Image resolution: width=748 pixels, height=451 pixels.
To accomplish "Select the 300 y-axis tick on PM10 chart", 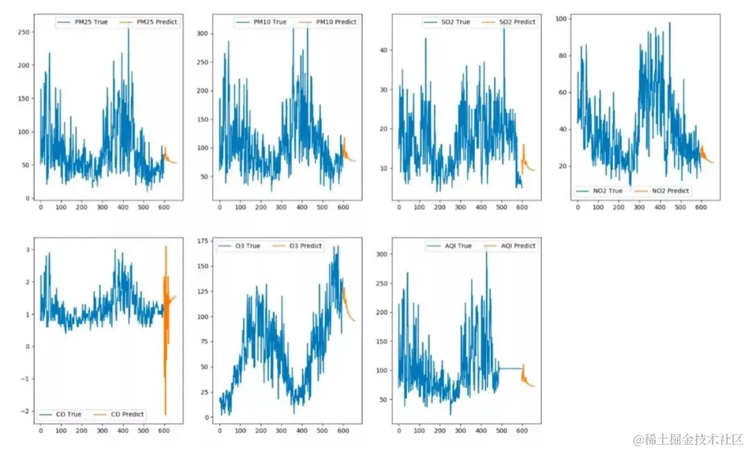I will click(202, 33).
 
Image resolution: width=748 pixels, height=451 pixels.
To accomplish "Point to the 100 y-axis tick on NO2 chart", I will click(562, 19).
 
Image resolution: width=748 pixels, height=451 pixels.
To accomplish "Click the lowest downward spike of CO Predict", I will click(166, 414).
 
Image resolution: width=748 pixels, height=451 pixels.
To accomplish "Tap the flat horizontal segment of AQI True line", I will click(509, 369).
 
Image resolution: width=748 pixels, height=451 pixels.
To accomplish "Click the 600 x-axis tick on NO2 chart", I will click(701, 207).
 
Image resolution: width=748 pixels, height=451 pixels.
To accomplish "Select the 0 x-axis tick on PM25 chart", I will click(40, 207).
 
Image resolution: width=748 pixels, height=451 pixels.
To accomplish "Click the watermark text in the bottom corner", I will click(688, 439).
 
